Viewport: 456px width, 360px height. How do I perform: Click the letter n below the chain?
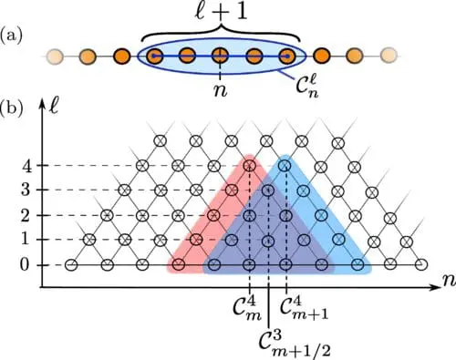220,91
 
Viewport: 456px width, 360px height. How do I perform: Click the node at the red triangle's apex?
250,166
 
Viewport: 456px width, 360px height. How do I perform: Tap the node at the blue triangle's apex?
285,166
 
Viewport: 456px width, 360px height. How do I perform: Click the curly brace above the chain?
219,35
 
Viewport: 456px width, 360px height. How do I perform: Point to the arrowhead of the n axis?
428,288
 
